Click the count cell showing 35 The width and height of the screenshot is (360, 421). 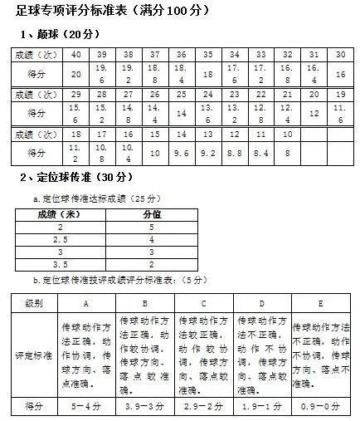pyautogui.click(x=207, y=55)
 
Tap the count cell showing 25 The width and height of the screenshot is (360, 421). pyautogui.click(x=207, y=95)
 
